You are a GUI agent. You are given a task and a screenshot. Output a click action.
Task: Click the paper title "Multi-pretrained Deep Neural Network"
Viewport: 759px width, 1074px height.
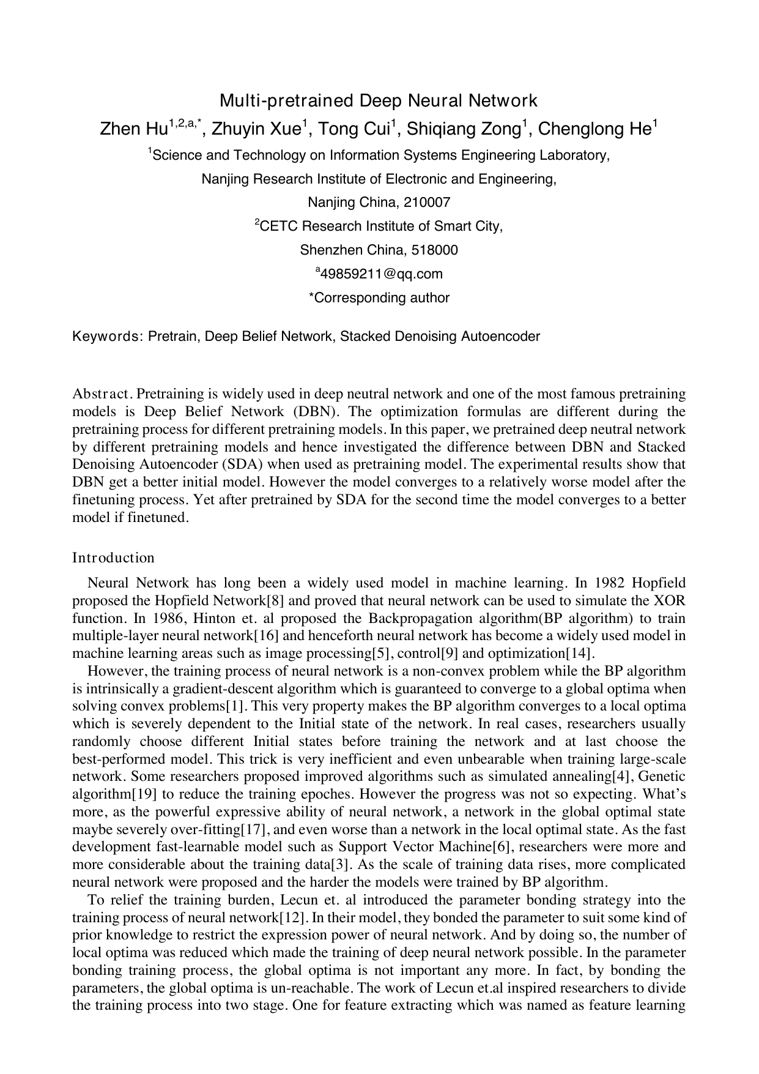click(x=379, y=100)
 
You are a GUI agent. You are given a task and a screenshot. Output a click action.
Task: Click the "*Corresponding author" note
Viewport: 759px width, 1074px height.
click(x=379, y=298)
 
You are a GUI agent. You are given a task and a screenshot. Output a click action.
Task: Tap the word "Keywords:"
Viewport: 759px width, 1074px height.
click(x=108, y=337)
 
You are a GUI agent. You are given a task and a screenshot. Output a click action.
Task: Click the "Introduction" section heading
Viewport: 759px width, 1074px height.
click(x=113, y=558)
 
